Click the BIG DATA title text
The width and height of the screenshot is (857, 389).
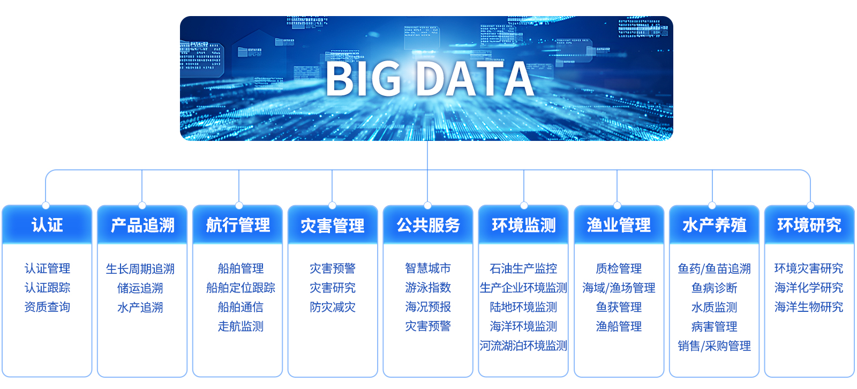pos(429,79)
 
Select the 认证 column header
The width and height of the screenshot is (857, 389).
pos(47,225)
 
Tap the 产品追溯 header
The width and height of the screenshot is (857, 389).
pos(142,225)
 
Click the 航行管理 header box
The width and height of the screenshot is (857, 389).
pos(238,225)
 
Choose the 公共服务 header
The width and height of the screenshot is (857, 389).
pos(428,225)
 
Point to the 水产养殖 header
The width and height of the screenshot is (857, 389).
pos(715,225)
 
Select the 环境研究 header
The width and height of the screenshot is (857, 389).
pos(809,225)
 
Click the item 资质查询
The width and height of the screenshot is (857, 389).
pos(47,307)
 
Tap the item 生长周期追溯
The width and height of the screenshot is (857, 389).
pos(140,269)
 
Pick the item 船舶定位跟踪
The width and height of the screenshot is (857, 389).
pos(240,288)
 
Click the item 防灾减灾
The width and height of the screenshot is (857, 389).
pos(333,307)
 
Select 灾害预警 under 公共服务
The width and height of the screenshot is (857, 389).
pos(428,326)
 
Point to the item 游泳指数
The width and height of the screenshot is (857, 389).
pos(428,288)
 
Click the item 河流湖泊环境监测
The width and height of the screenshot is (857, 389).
pos(523,346)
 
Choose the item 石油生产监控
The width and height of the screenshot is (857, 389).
pos(523,269)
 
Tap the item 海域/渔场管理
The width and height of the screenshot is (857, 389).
pos(619,288)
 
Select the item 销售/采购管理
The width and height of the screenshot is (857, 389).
pos(715,346)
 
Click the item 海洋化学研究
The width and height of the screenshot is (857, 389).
pos(809,288)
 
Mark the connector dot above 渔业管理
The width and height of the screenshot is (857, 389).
pos(617,206)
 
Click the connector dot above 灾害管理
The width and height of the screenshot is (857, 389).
pos(332,206)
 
